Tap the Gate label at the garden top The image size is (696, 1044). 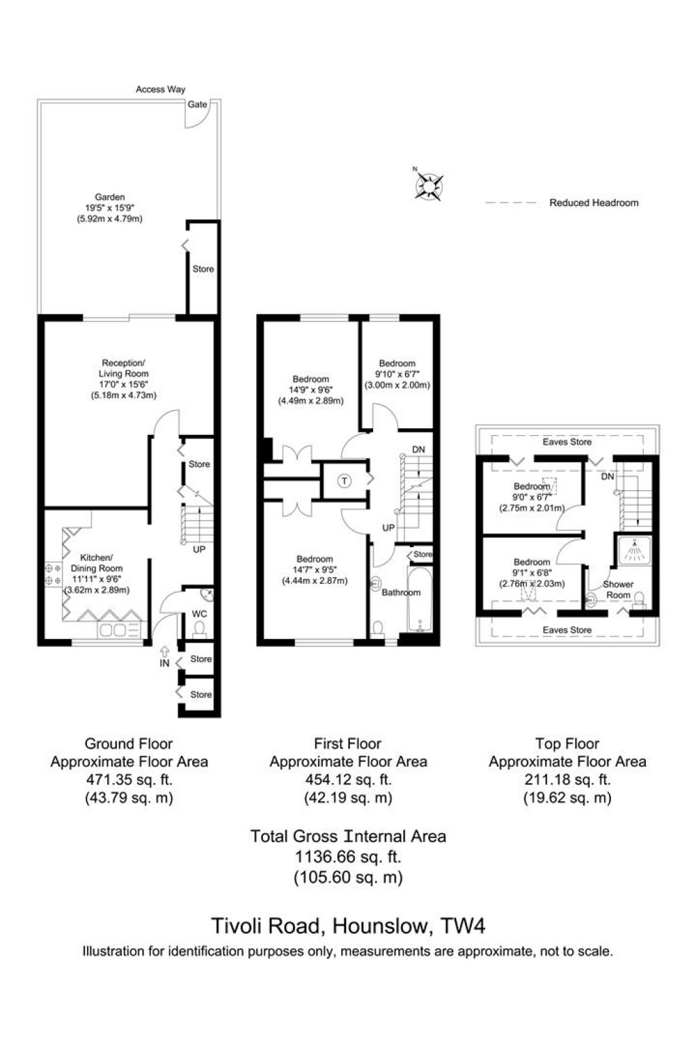pyautogui.click(x=197, y=105)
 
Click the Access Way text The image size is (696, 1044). pyautogui.click(x=160, y=89)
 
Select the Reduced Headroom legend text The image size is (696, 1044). pyautogui.click(x=593, y=203)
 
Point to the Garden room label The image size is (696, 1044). pyautogui.click(x=109, y=197)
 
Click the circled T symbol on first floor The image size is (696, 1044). pyautogui.click(x=345, y=481)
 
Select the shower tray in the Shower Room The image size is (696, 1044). pyautogui.click(x=633, y=551)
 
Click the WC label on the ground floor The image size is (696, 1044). pyautogui.click(x=199, y=614)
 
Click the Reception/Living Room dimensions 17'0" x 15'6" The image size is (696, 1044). pyautogui.click(x=124, y=385)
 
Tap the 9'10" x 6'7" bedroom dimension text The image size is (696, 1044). pyautogui.click(x=397, y=375)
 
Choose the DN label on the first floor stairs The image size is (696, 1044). pyautogui.click(x=419, y=450)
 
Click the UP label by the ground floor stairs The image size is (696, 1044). pyautogui.click(x=198, y=549)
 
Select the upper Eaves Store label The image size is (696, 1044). pyautogui.click(x=567, y=442)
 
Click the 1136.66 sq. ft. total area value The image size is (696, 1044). pyautogui.click(x=348, y=857)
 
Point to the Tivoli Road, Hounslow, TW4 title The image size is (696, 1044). pyautogui.click(x=348, y=926)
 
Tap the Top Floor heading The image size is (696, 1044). pyautogui.click(x=567, y=744)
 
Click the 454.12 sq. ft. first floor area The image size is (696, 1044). pyautogui.click(x=348, y=780)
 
